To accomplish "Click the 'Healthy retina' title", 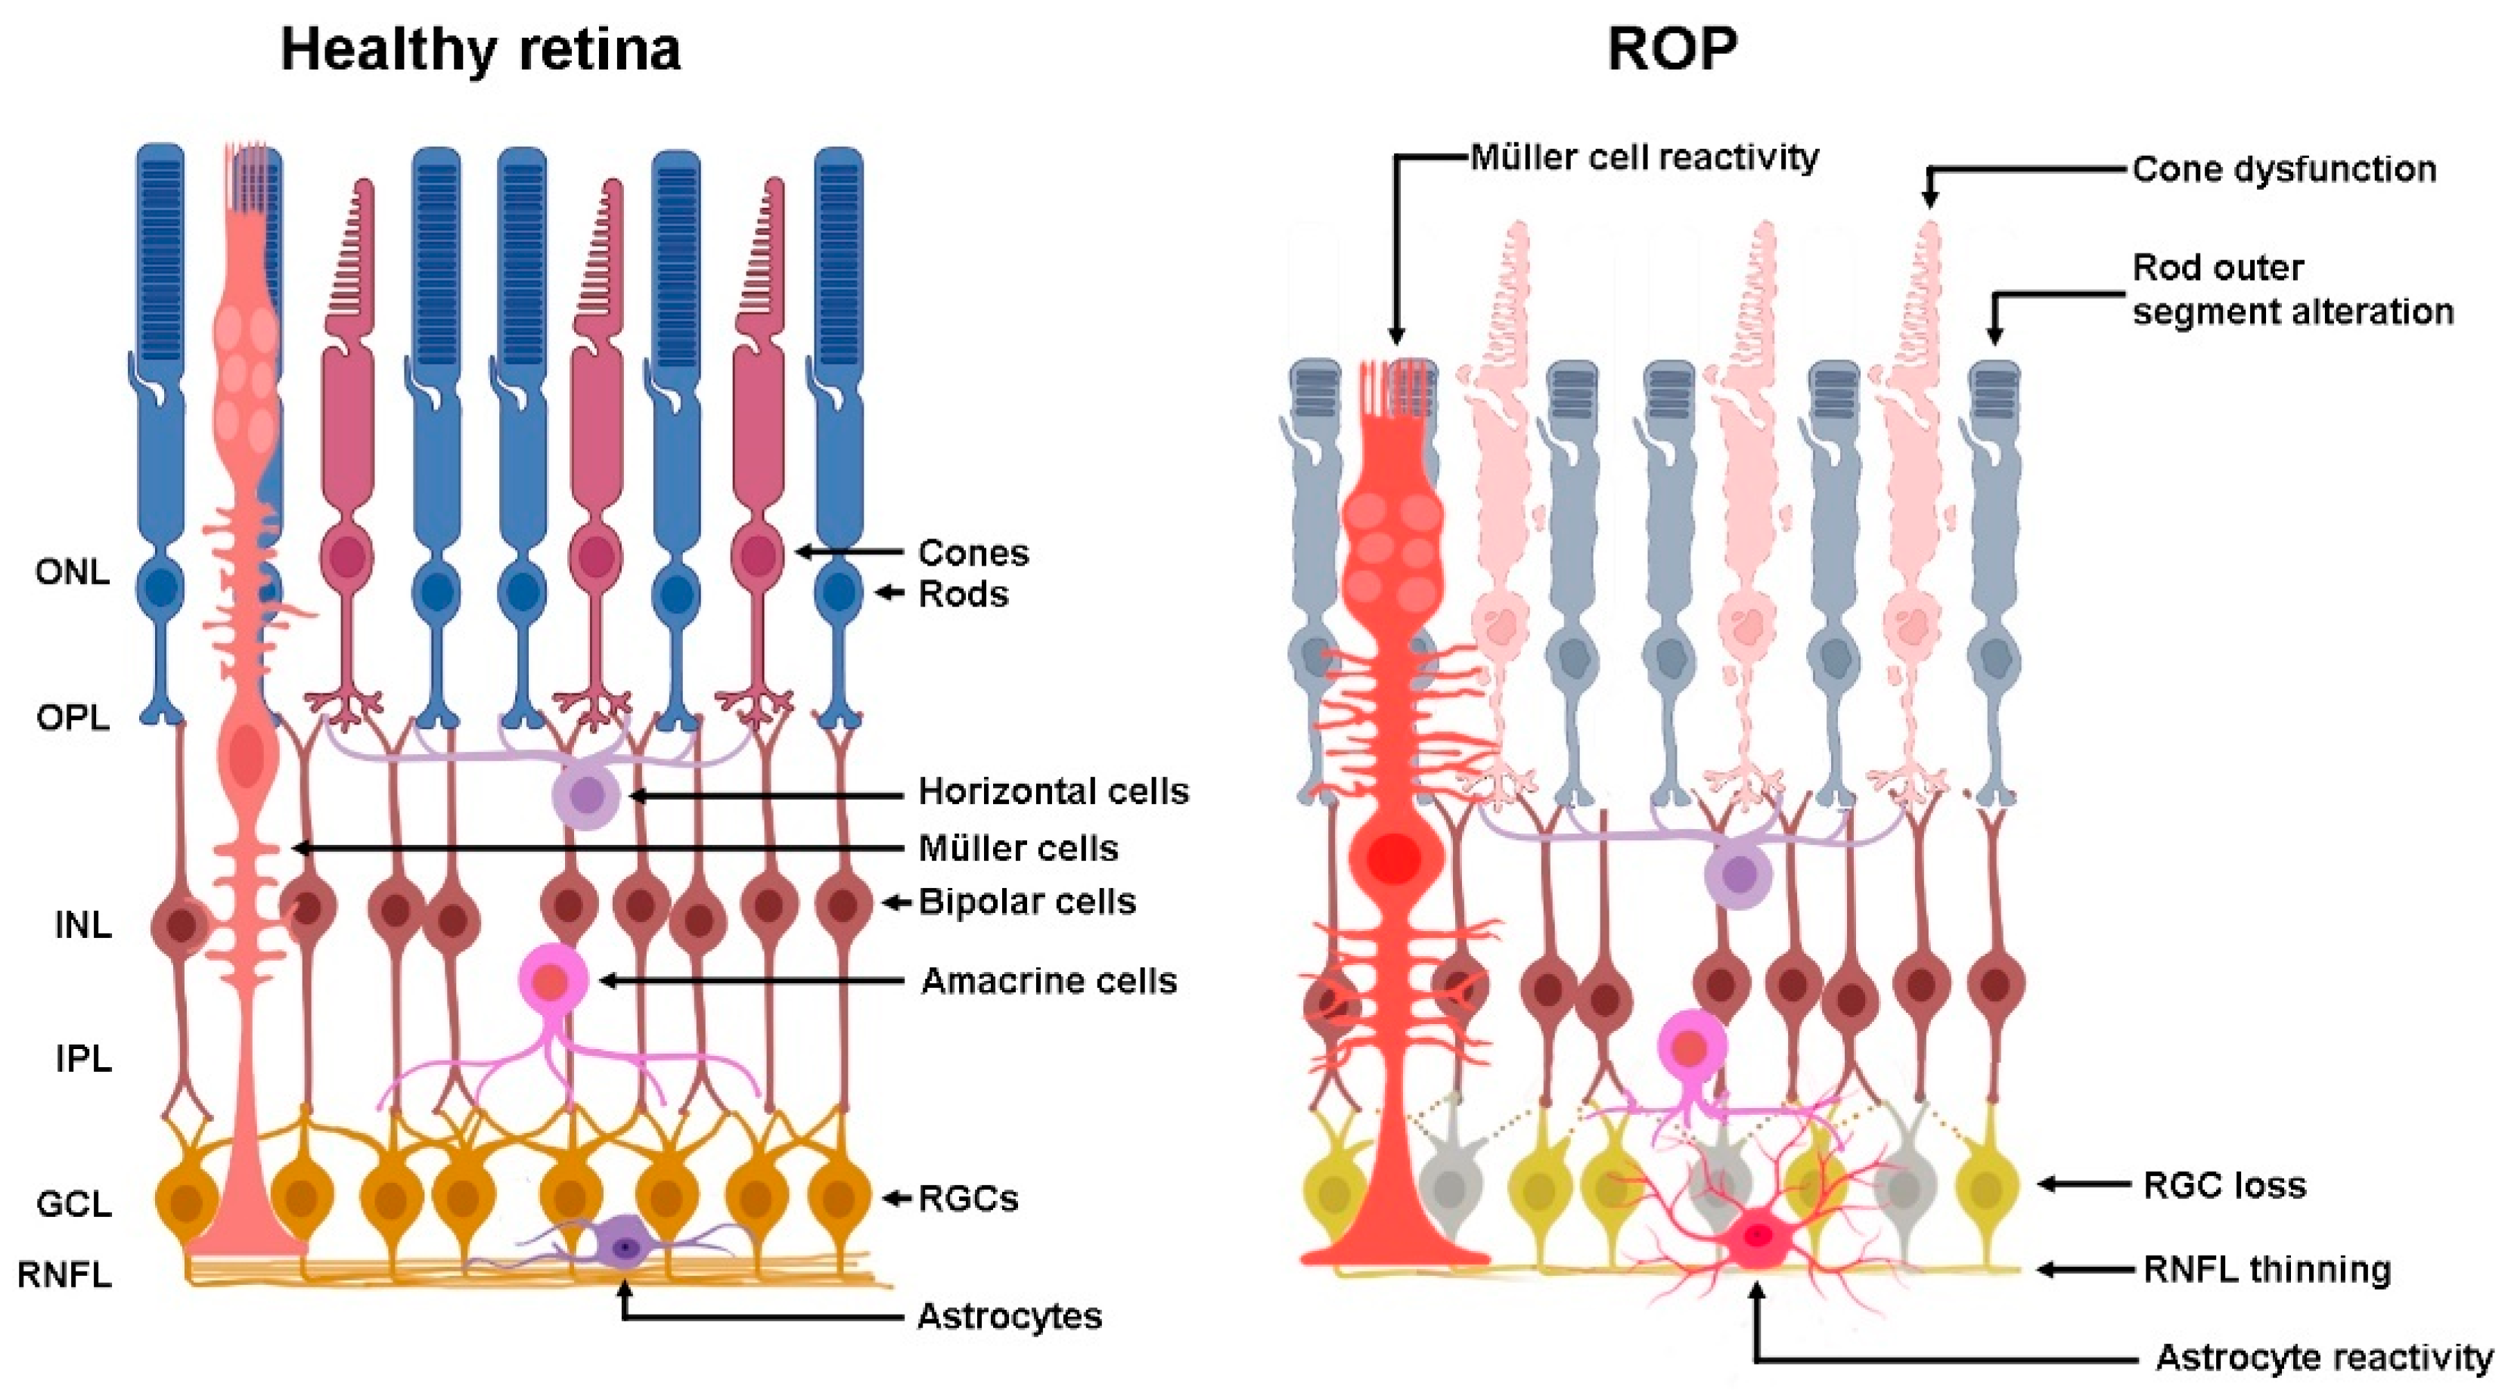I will pos(480,48).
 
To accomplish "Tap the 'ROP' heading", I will pos(1672,48).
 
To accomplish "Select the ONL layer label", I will pos(72,572).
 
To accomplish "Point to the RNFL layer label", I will pos(64,1274).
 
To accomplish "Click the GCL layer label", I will pos(74,1205).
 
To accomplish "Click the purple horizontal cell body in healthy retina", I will pos(586,795).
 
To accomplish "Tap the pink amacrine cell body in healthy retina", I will pos(554,980).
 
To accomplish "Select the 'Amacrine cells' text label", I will pos(1048,981).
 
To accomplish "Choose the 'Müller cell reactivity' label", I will pos(1644,157).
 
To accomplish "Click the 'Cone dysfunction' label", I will pos(2284,169).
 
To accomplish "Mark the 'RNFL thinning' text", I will pos(2267,1270).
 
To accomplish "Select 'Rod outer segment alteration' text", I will pos(2292,290).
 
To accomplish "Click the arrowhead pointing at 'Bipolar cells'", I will pos(889,902).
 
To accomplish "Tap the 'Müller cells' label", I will pos(1018,849).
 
